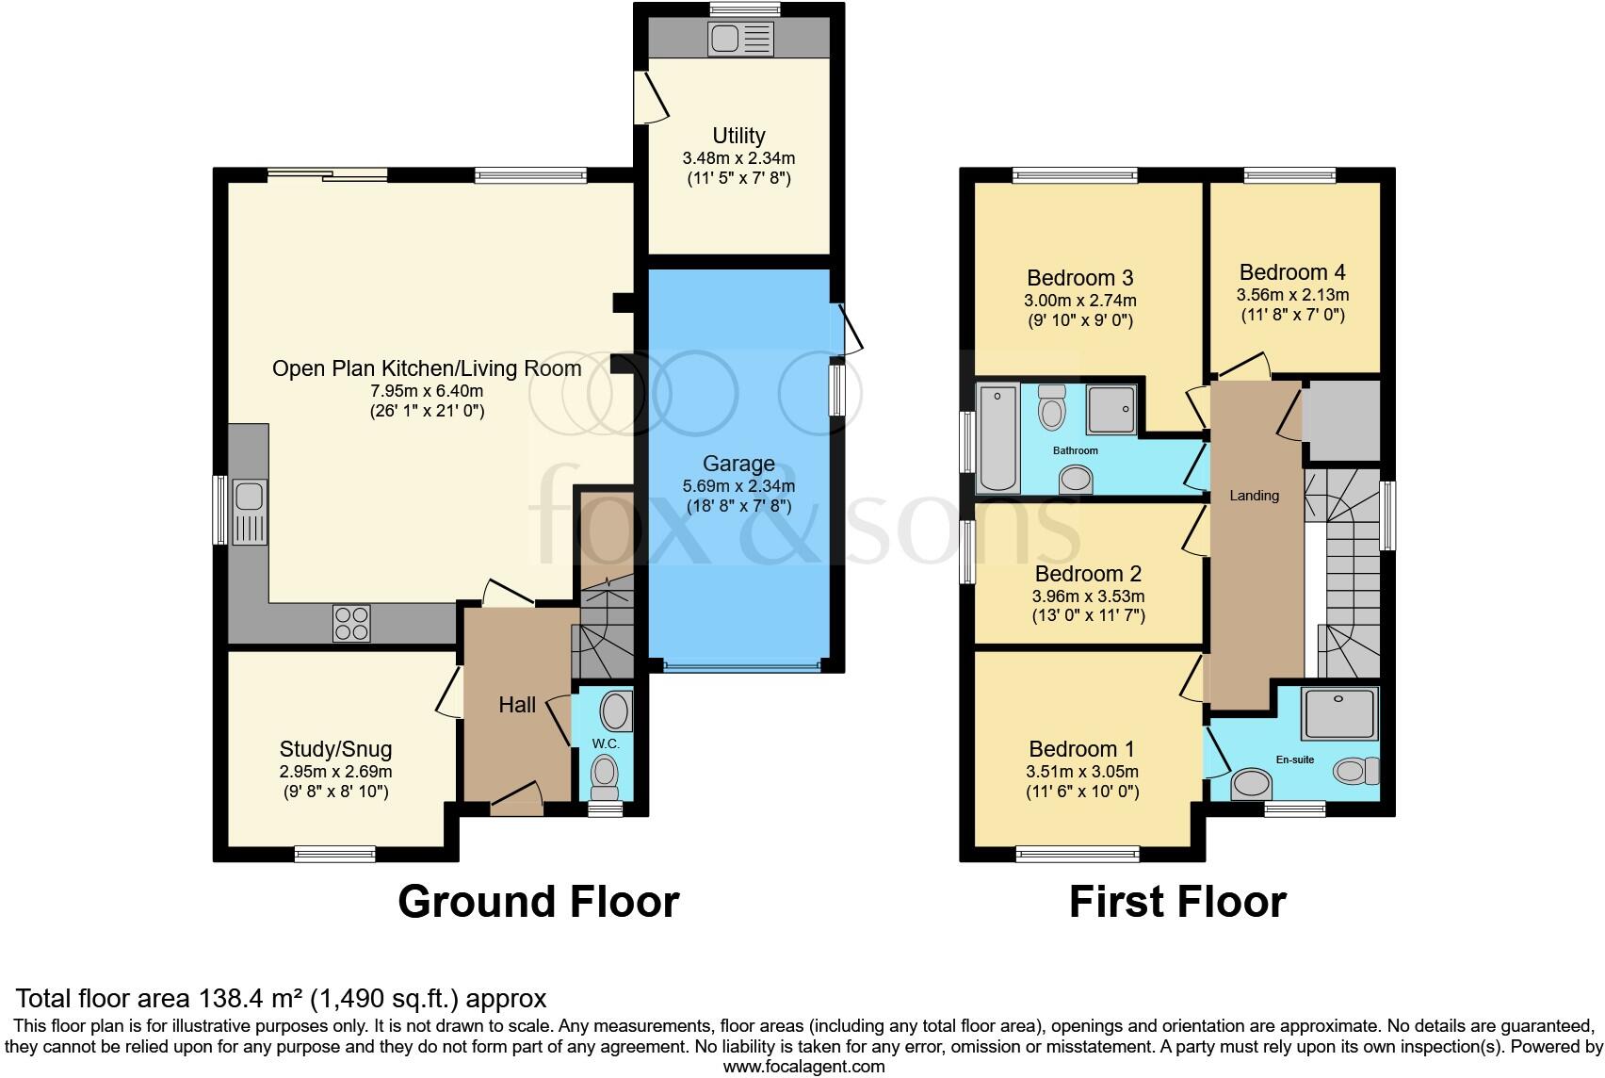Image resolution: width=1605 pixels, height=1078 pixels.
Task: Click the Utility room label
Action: pyautogui.click(x=738, y=136)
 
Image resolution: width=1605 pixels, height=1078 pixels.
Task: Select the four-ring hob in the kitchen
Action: pyautogui.click(x=351, y=624)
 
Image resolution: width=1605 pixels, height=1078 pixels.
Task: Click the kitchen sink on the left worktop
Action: pyautogui.click(x=250, y=513)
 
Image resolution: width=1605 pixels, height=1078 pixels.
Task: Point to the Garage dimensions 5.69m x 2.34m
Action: pyautogui.click(x=738, y=487)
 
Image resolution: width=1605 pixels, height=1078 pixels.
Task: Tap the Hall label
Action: pyautogui.click(x=517, y=705)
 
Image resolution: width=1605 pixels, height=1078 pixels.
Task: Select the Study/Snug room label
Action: pyautogui.click(x=335, y=749)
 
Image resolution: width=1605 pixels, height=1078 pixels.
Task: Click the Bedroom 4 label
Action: pyautogui.click(x=1292, y=272)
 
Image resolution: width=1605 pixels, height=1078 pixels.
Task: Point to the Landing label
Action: pyautogui.click(x=1254, y=496)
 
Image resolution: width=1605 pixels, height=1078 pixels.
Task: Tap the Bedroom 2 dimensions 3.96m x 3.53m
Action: pyautogui.click(x=1088, y=596)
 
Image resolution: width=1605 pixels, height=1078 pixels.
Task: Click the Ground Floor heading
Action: pyautogui.click(x=538, y=902)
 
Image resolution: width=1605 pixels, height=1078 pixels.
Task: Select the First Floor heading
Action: pyautogui.click(x=1176, y=902)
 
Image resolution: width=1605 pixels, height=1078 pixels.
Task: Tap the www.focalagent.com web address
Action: pyautogui.click(x=803, y=1067)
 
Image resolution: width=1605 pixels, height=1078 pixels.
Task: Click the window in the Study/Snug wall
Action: pyautogui.click(x=334, y=855)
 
